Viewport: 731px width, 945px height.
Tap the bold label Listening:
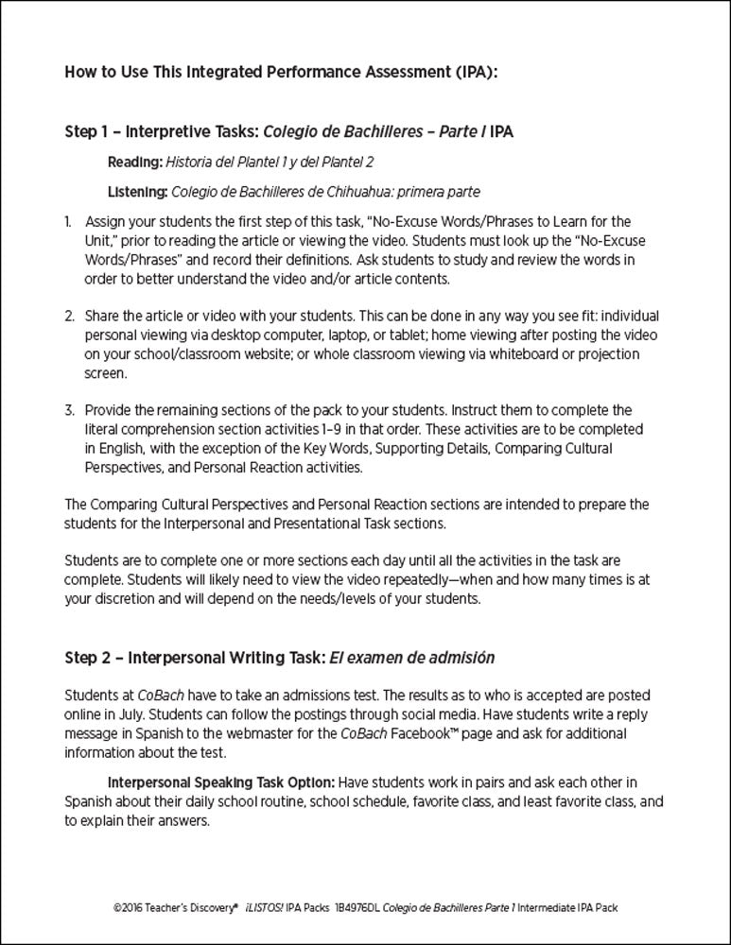pos(138,193)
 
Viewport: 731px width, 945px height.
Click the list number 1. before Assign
pos(69,222)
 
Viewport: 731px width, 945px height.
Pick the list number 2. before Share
pos(69,316)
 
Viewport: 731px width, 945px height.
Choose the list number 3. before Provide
pos(69,410)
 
